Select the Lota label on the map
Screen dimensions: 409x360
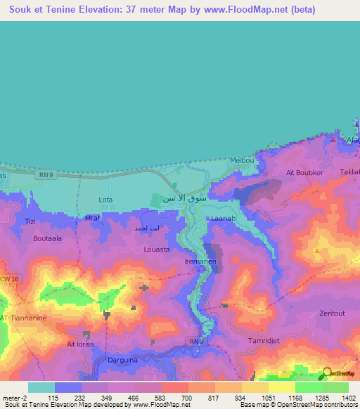(105, 200)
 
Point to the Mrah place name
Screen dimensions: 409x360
(94, 218)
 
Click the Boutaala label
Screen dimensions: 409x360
(47, 238)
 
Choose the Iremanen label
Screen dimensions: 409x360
(200, 261)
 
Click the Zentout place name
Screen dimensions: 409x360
(332, 313)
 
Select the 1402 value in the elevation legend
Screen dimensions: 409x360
(348, 398)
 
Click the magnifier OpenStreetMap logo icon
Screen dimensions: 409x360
(327, 373)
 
